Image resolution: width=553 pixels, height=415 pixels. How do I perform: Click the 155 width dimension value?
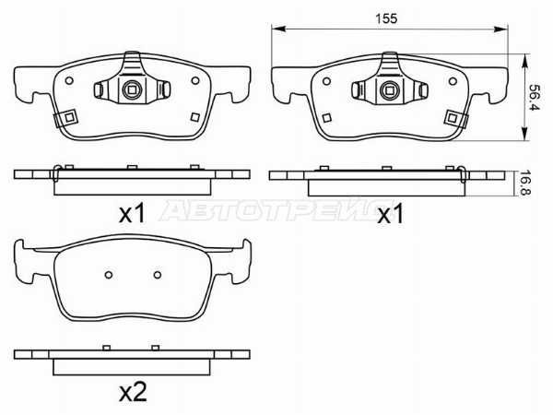[x=386, y=18]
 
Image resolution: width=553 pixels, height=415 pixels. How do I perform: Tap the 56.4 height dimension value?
[x=535, y=97]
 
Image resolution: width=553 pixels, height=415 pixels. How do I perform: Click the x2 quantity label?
[x=133, y=392]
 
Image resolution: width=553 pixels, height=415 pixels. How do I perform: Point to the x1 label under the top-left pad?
[x=132, y=214]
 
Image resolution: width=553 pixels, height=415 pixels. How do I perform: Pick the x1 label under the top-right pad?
[x=390, y=214]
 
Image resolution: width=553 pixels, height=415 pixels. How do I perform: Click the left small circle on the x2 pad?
[x=109, y=275]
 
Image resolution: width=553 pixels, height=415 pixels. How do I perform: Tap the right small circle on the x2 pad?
[x=158, y=275]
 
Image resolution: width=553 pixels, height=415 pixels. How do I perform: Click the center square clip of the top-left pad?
[x=132, y=90]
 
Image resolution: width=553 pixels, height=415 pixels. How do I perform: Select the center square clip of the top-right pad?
[x=389, y=90]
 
